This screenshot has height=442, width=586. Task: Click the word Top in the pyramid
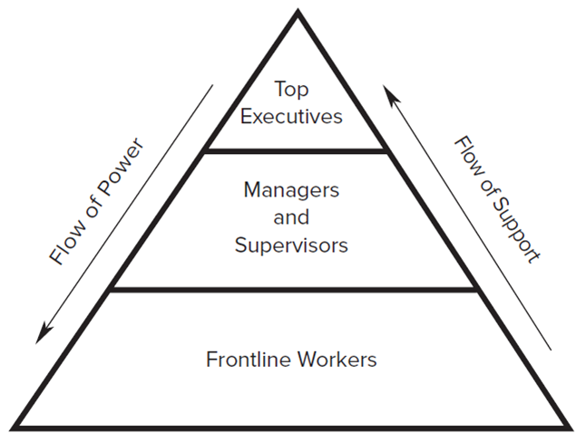pyautogui.click(x=292, y=90)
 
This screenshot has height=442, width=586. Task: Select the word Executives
pyautogui.click(x=292, y=116)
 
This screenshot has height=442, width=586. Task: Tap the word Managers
pyautogui.click(x=291, y=190)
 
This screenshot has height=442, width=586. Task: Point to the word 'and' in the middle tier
pyautogui.click(x=291, y=217)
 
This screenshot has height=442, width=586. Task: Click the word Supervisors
pyautogui.click(x=291, y=245)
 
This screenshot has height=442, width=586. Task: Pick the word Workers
pyautogui.click(x=335, y=359)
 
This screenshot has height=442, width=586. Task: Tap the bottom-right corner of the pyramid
pyautogui.click(x=571, y=428)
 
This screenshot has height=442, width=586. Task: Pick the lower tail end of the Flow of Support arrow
pyautogui.click(x=550, y=350)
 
